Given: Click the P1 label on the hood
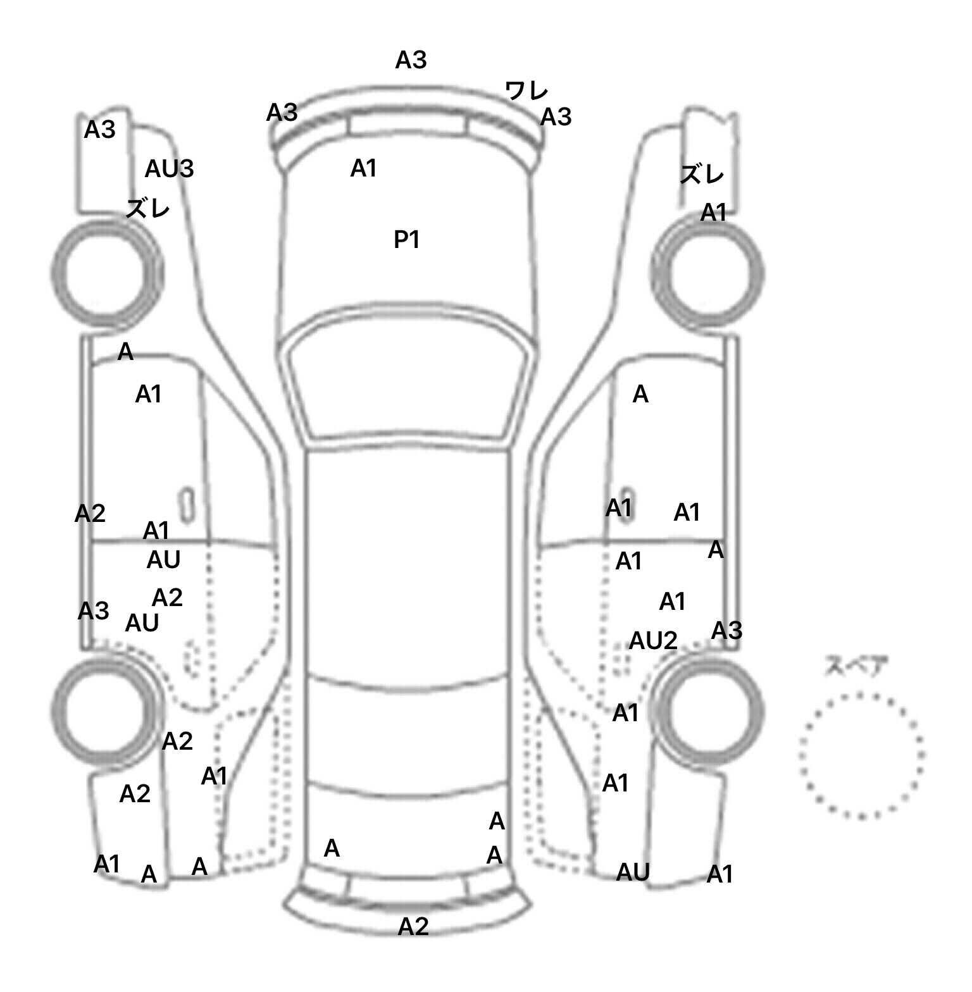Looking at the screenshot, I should point(407,240).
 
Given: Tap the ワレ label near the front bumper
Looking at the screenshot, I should point(526,91).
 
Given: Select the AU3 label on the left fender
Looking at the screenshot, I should point(169,169).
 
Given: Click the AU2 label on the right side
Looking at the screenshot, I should point(652,641).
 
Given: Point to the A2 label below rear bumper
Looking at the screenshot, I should point(413,926).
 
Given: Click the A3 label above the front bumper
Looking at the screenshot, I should point(411,60).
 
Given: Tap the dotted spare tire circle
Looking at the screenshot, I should point(861,754).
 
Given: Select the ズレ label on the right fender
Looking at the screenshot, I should point(702,174).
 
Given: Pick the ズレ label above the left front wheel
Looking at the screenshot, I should point(147,208).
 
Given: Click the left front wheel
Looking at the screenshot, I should point(105,273).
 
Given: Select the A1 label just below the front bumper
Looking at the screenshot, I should point(363,168).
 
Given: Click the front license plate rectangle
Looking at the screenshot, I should point(408,125).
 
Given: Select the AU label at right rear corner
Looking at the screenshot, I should point(633,872).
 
